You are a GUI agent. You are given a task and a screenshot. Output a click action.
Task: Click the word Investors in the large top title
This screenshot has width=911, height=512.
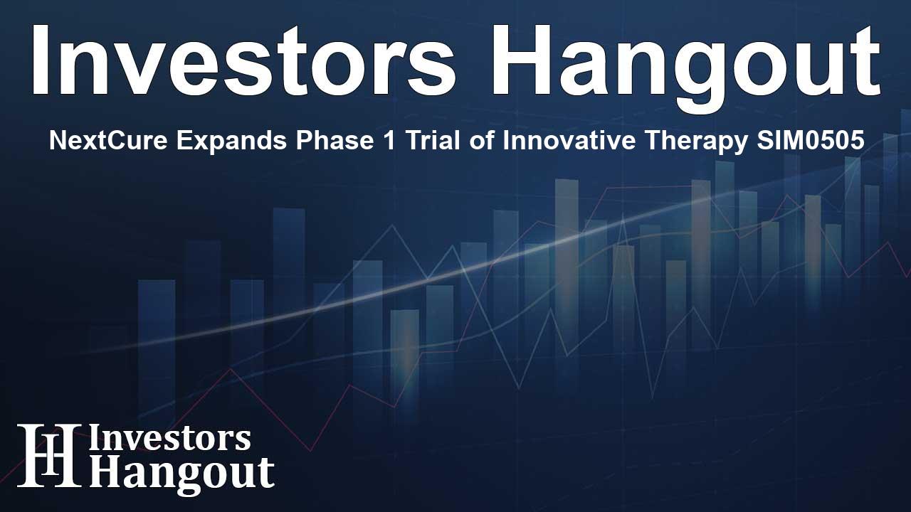(243, 60)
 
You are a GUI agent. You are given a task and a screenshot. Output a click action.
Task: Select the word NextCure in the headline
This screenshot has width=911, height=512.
(108, 141)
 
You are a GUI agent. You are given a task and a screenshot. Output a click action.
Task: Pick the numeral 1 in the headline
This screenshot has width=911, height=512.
(389, 141)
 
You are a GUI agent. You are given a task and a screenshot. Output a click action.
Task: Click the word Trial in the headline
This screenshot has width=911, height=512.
(432, 141)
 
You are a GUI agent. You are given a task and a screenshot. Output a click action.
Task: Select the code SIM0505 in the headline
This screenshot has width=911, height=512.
(810, 141)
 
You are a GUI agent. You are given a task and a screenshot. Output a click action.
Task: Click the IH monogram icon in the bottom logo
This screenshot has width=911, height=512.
(49, 455)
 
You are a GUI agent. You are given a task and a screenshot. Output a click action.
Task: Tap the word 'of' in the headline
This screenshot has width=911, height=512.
(482, 141)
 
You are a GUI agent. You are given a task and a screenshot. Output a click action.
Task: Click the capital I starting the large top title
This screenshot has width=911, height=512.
(38, 60)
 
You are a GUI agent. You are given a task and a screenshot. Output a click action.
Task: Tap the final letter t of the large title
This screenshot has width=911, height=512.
(865, 63)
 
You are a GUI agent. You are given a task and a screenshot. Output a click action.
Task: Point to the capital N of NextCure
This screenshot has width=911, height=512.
(58, 141)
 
